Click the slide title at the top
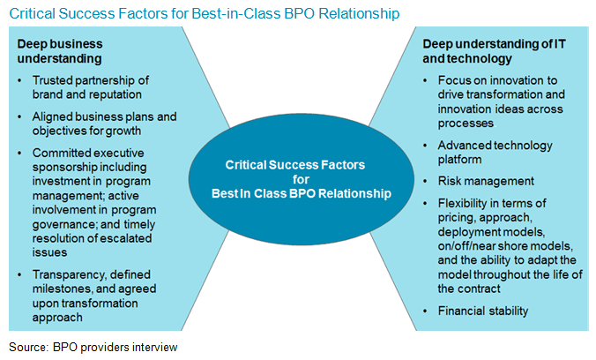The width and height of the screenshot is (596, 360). click(x=204, y=14)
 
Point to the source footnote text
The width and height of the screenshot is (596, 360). click(x=93, y=347)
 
